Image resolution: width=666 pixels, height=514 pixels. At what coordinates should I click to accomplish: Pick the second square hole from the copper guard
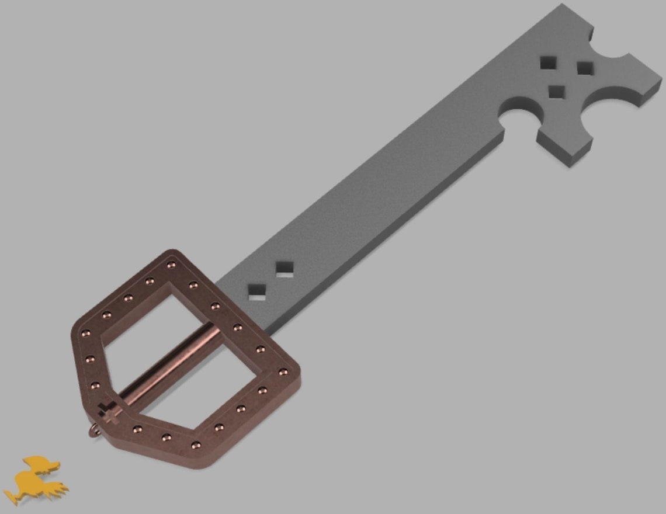[285, 269]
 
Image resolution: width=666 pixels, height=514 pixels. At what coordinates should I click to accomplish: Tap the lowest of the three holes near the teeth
[557, 91]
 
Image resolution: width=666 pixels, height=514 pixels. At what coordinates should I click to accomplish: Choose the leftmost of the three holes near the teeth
[548, 62]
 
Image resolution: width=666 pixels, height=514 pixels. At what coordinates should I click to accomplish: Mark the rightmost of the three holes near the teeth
[584, 68]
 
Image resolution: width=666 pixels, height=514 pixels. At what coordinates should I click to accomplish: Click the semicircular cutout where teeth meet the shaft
[517, 114]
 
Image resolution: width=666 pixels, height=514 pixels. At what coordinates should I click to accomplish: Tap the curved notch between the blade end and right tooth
[610, 44]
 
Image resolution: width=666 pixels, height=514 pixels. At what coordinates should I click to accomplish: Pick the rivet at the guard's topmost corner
[171, 265]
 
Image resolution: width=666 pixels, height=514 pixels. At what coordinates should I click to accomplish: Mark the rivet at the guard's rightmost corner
[283, 371]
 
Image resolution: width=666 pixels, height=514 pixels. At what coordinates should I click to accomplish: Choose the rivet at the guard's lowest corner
[196, 446]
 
